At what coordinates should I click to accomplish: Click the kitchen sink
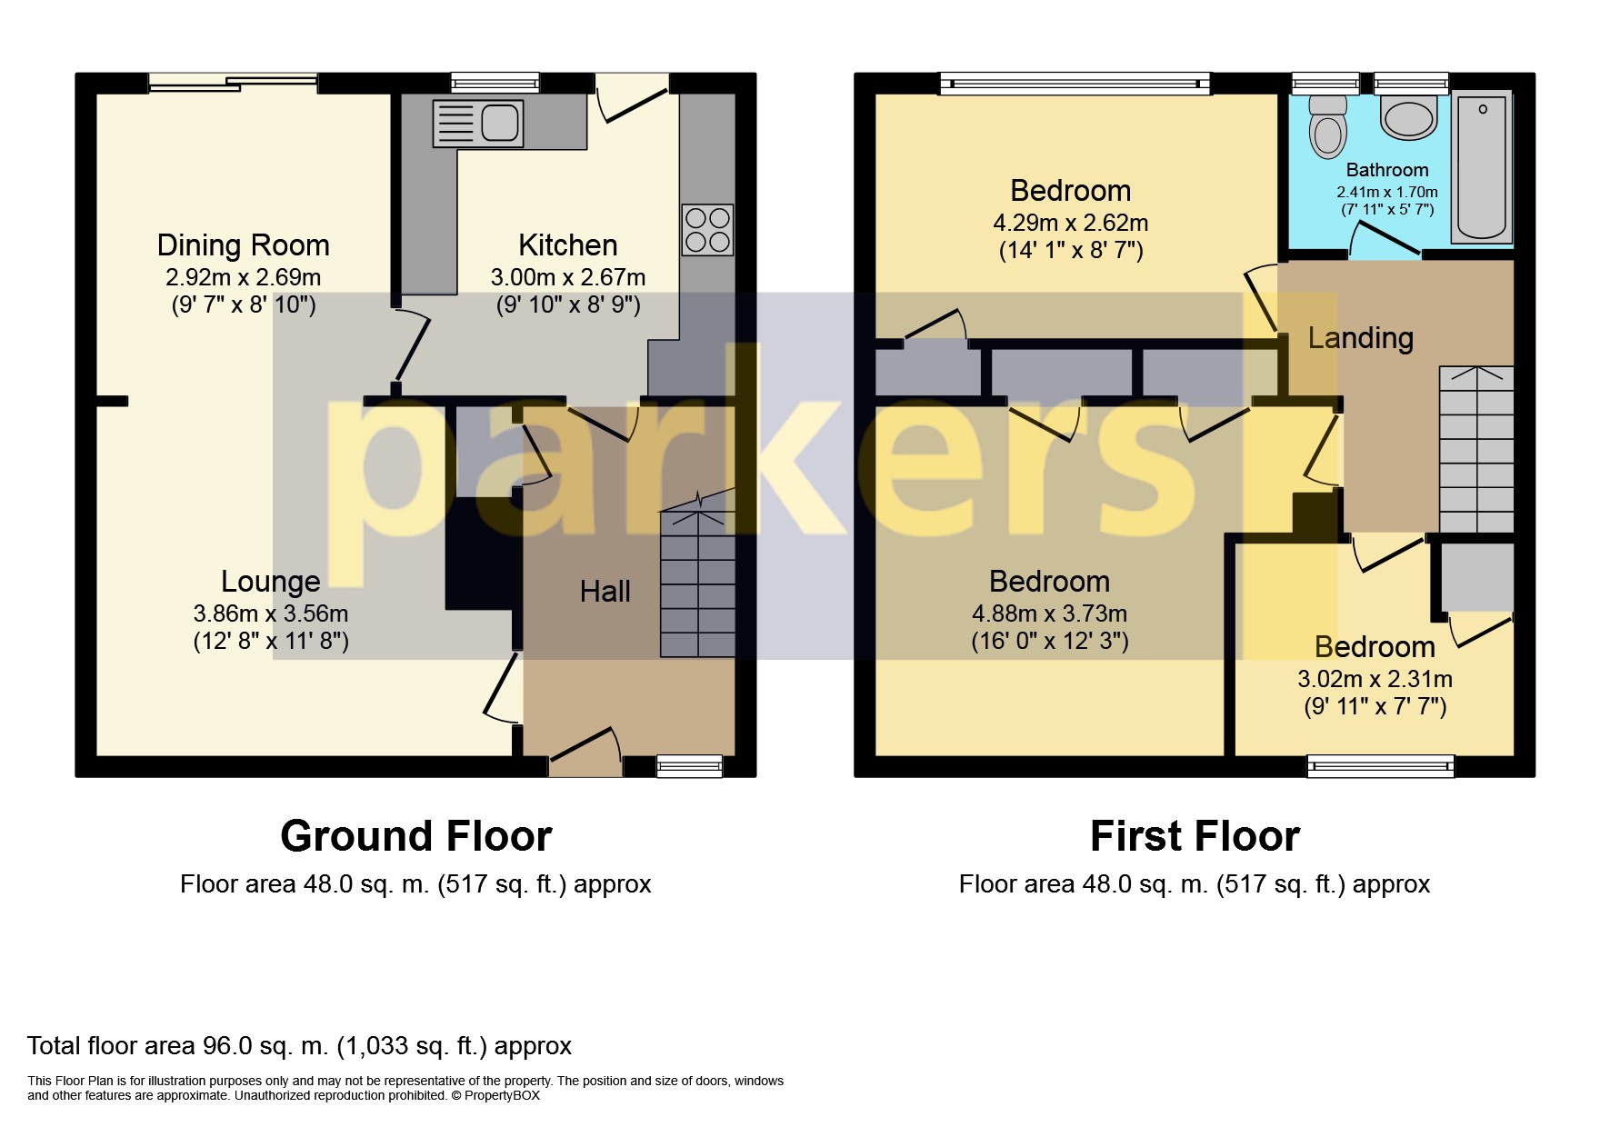pos(478,123)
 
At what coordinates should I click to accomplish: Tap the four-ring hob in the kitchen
pos(707,229)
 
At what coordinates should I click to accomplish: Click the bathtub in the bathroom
pos(1481,167)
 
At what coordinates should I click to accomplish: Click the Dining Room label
pos(243,245)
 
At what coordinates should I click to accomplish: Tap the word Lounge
pos(271,582)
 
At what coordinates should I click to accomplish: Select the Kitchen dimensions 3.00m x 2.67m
pos(568,277)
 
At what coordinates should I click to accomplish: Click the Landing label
pos(1360,338)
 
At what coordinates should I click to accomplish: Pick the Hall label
pos(605,592)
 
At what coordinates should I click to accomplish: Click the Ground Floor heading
pos(416,836)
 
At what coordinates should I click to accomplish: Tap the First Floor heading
pos(1195,836)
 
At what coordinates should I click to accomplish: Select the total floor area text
pos(299,1046)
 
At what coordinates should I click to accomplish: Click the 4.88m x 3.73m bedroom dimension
pos(1050,613)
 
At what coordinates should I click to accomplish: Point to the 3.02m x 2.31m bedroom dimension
pos(1375,679)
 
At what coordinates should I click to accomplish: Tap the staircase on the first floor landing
pos(1476,449)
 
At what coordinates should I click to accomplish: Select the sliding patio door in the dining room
pos(234,83)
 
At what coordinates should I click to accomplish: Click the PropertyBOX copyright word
pos(502,1095)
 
